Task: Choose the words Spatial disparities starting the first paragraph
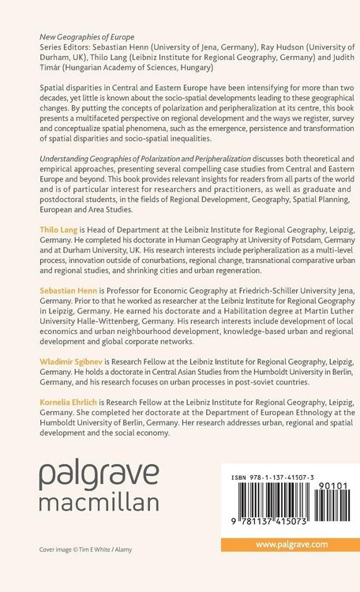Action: click(x=65, y=88)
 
